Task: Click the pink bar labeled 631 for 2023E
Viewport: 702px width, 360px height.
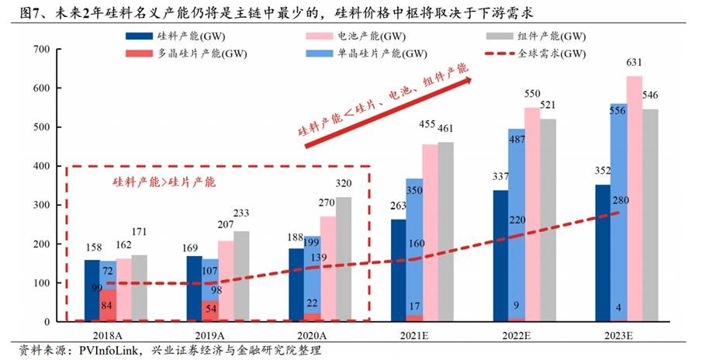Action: (x=634, y=199)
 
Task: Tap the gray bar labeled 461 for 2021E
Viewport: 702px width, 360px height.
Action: (x=445, y=231)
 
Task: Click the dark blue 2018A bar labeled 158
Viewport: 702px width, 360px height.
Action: (x=92, y=291)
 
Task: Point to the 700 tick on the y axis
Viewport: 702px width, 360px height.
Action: (x=41, y=50)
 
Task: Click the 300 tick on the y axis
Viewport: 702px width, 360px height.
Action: (x=41, y=205)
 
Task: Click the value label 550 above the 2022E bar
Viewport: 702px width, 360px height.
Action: (x=531, y=94)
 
